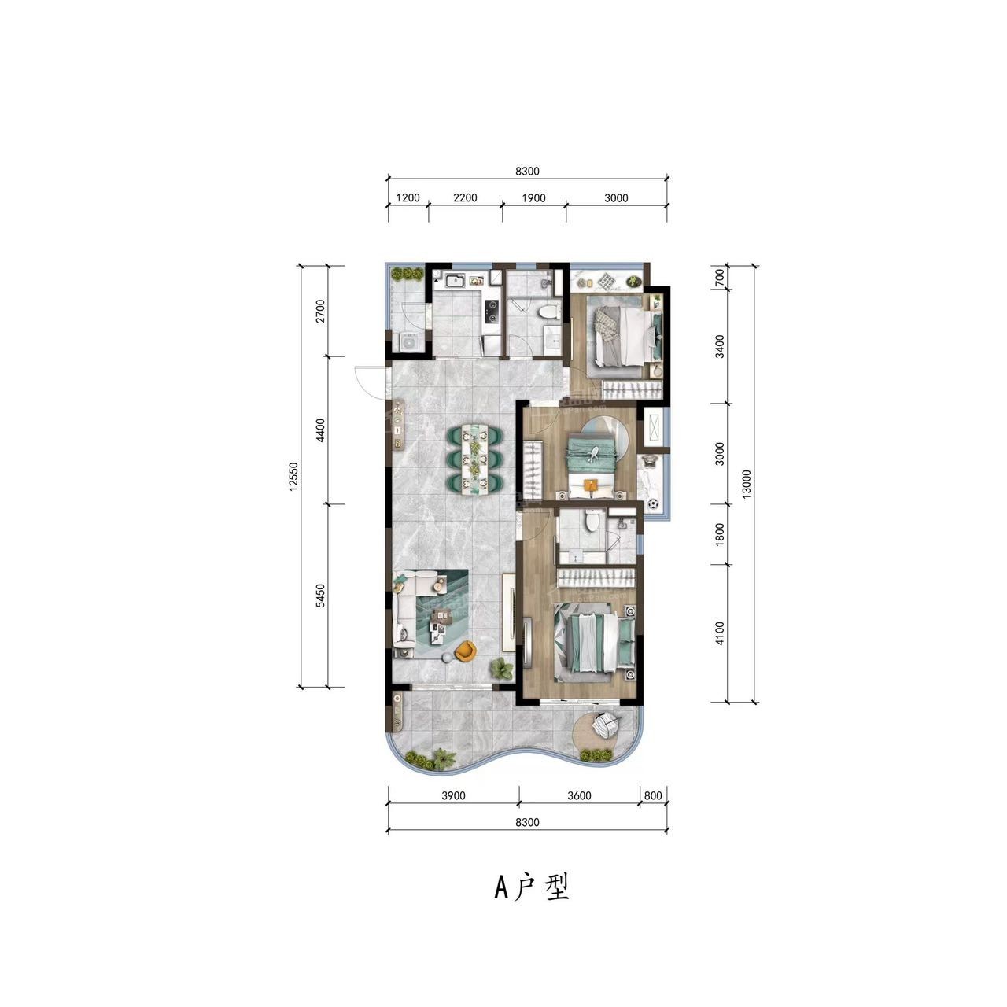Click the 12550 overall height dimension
(293, 476)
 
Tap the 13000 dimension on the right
(747, 484)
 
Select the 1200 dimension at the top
(408, 197)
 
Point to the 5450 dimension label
(320, 596)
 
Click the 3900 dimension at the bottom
(453, 795)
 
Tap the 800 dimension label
(653, 795)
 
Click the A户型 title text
(532, 887)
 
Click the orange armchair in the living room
(465, 651)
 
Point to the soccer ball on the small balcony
(653, 504)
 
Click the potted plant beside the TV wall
(500, 669)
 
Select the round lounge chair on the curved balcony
(607, 725)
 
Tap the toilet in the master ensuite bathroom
(592, 520)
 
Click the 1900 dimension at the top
(533, 197)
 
